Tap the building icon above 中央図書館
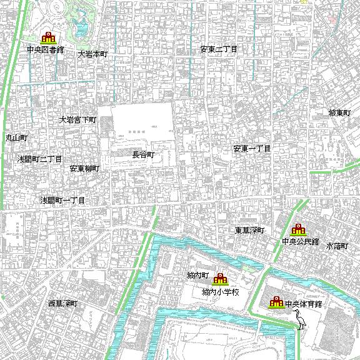point(47,38)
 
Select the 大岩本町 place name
point(92,54)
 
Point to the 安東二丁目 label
point(218,49)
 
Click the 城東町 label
point(341,113)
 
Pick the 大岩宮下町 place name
point(77,119)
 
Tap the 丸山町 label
point(16,136)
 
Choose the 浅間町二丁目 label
point(40,159)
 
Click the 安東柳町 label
point(84,169)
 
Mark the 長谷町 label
point(143,154)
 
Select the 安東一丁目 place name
point(252,149)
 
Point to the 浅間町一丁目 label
point(62,201)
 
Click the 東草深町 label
point(249,231)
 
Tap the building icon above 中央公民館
point(298,229)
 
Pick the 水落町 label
point(337,246)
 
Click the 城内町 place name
point(197,276)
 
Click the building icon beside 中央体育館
point(276,303)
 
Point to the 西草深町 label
point(62,303)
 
